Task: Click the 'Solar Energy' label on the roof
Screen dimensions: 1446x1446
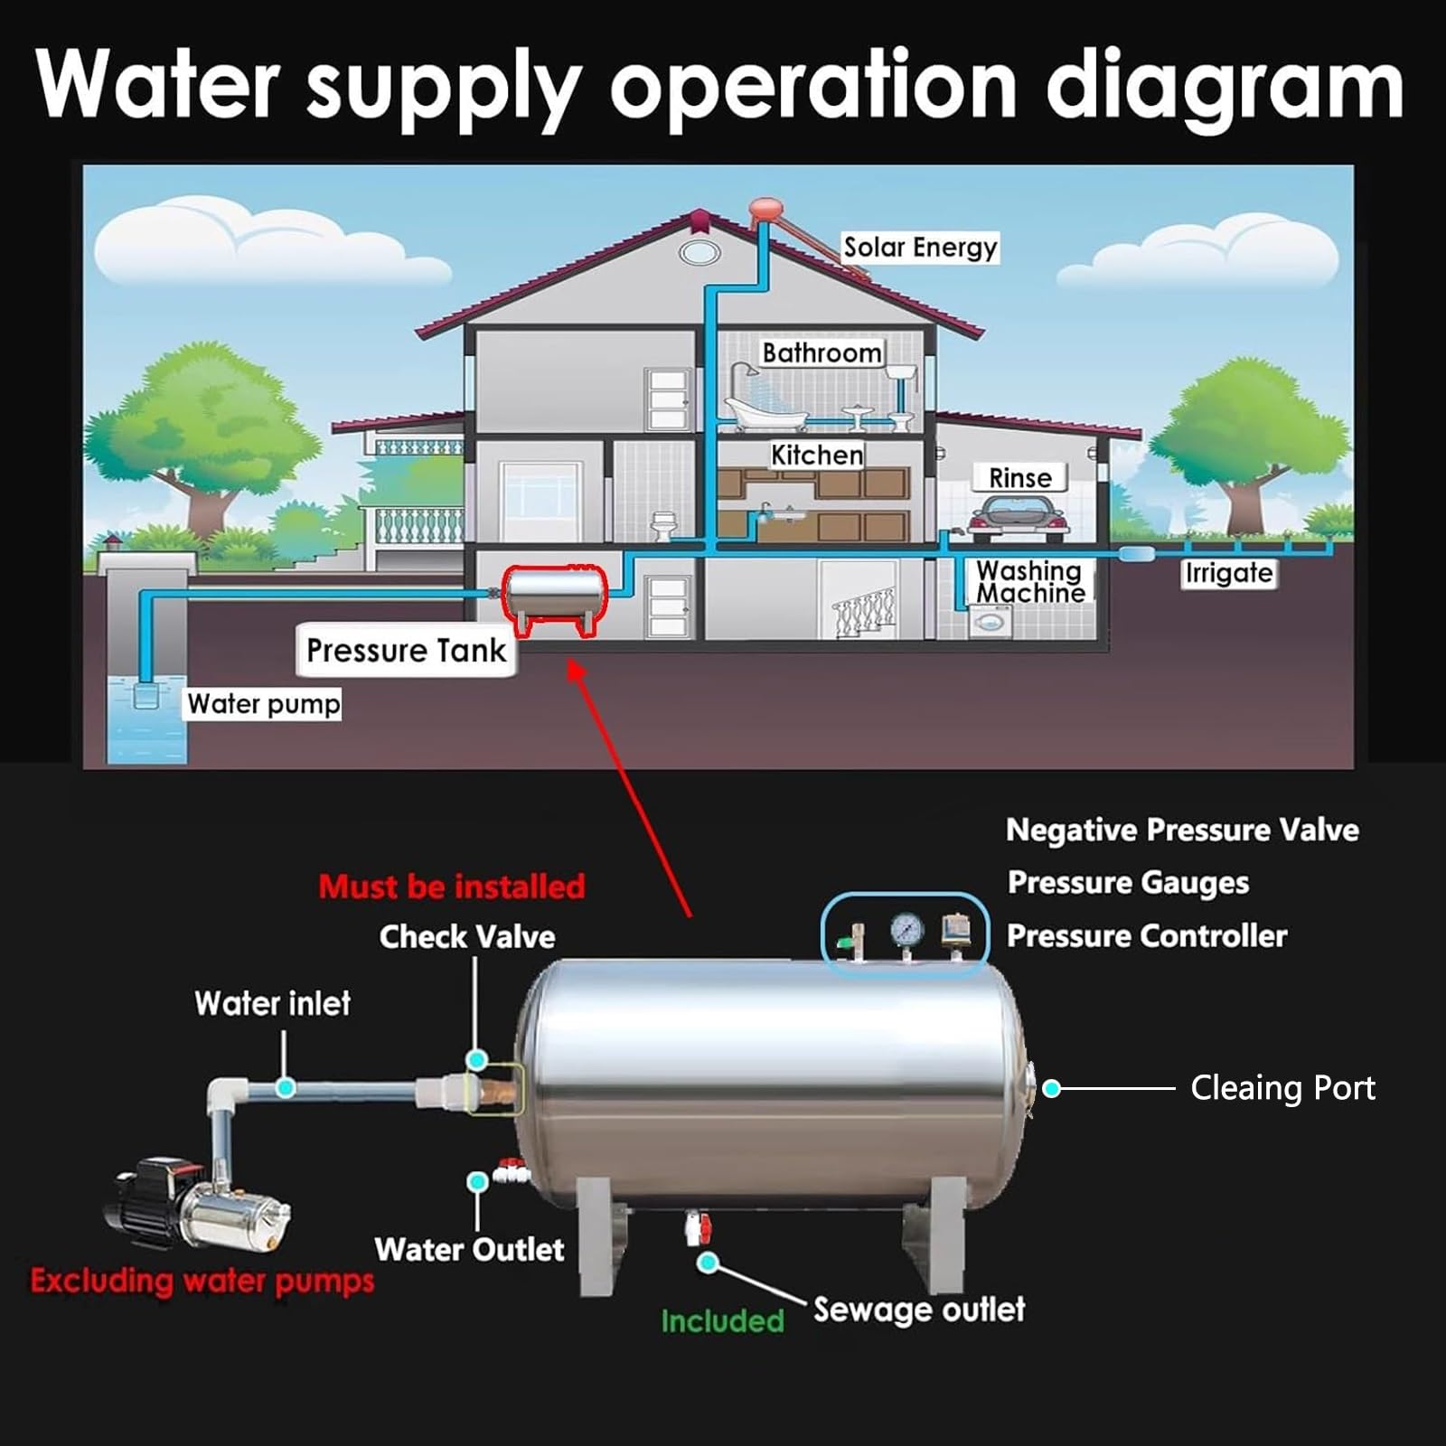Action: tap(920, 248)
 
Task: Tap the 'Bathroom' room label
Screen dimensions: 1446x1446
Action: tap(822, 352)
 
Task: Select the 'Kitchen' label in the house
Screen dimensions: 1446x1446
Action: tap(817, 455)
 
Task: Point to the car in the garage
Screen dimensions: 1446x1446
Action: tap(1017, 519)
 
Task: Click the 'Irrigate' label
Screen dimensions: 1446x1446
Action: tap(1229, 573)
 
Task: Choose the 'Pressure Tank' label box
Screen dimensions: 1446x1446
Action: tap(406, 650)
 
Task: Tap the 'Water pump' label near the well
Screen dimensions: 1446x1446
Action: tap(263, 703)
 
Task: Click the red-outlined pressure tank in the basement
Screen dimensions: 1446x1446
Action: tap(555, 599)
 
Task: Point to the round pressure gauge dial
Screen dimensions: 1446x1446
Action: tap(906, 929)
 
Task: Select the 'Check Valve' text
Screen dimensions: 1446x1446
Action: tap(466, 936)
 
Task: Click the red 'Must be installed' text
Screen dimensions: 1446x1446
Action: tap(452, 887)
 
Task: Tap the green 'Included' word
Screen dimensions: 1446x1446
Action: tap(722, 1321)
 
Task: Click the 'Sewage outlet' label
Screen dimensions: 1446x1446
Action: tap(918, 1310)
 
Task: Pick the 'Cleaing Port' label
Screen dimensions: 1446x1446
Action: tap(1282, 1088)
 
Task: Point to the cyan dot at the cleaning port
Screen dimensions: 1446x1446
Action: tap(1051, 1089)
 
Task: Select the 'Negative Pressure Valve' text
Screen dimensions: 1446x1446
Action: tap(1182, 830)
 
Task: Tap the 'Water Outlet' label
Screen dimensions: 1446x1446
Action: tap(469, 1249)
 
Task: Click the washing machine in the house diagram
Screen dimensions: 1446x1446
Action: tap(990, 622)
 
